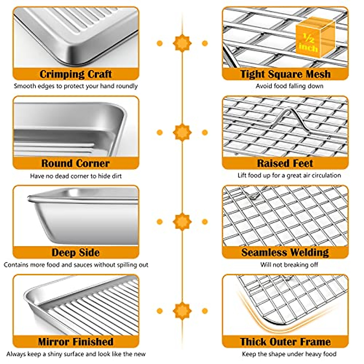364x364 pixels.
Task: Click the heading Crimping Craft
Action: coord(76,74)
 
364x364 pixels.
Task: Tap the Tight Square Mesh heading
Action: coord(285,74)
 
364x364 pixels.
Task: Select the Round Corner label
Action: coord(76,163)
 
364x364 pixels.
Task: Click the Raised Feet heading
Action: coord(285,163)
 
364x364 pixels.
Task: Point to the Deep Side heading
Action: coord(76,253)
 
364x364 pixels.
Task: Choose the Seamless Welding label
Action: coord(285,253)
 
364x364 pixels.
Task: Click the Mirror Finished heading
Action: coord(76,342)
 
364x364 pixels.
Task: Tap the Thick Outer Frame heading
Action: coord(285,342)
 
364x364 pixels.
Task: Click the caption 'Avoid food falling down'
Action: coord(289,86)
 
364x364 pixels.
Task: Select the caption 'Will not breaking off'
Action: coord(289,265)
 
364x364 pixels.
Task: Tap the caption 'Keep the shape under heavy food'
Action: coord(289,354)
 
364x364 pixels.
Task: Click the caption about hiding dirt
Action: coord(76,176)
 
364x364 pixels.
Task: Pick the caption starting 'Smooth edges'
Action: coord(76,86)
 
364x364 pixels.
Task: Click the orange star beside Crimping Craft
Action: coord(182,43)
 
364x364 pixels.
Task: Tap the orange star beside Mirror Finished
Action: coord(182,311)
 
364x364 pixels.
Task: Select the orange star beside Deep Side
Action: coord(182,221)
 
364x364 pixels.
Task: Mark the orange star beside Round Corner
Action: coord(182,132)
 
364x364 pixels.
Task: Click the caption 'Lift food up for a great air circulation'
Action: coord(289,175)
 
